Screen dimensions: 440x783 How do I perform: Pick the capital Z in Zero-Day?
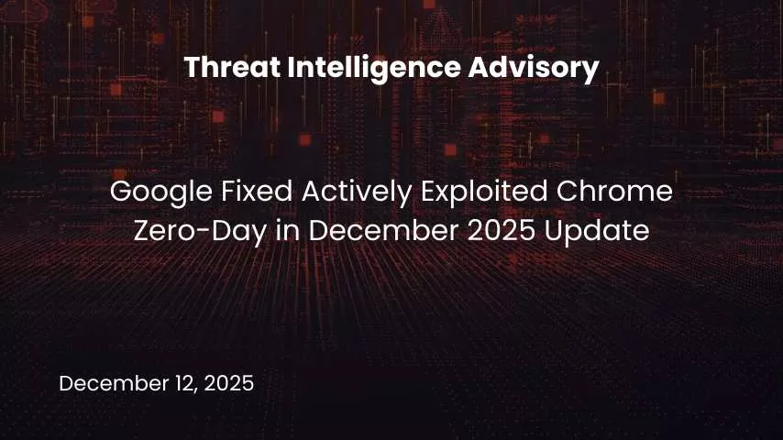coord(143,231)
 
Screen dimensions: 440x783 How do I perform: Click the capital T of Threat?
coord(191,67)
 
